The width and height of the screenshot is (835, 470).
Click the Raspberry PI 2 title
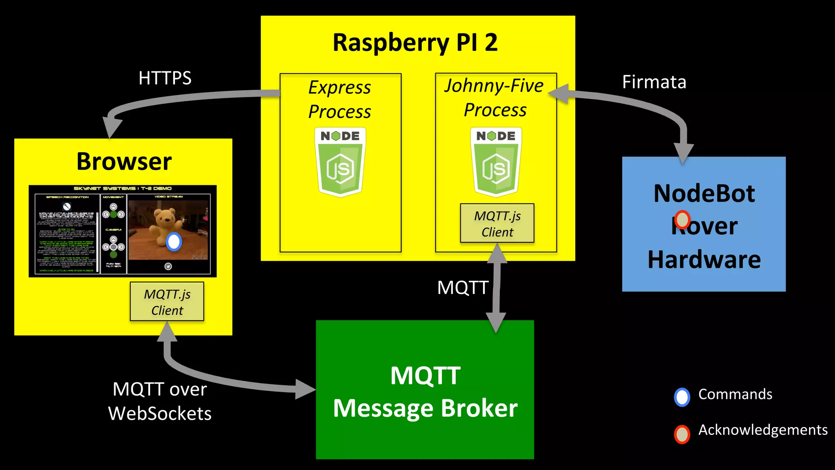[415, 42]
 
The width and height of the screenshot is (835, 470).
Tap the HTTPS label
[165, 78]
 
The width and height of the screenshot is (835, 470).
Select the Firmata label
[654, 82]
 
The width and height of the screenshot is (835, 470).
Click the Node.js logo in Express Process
[340, 162]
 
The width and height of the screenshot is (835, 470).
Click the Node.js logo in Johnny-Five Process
[496, 162]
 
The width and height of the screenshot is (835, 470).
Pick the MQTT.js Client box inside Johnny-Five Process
[497, 223]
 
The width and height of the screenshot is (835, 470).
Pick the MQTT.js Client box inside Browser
[167, 302]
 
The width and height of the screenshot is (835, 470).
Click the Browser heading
[124, 161]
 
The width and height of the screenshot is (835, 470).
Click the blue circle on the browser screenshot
[174, 242]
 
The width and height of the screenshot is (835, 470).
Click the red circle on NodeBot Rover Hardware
[682, 219]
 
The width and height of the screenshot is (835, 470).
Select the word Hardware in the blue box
[704, 259]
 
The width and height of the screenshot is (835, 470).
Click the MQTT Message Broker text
[425, 392]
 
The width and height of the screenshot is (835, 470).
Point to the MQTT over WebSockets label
[160, 401]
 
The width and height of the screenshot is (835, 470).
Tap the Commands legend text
[735, 394]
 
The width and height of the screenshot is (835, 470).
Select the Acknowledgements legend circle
[682, 434]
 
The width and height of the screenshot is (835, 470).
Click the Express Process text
[340, 99]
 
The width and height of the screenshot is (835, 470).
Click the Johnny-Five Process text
[494, 98]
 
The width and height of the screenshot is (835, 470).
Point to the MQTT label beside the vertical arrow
[463, 288]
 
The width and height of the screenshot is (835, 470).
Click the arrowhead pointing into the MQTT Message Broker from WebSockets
[305, 390]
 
